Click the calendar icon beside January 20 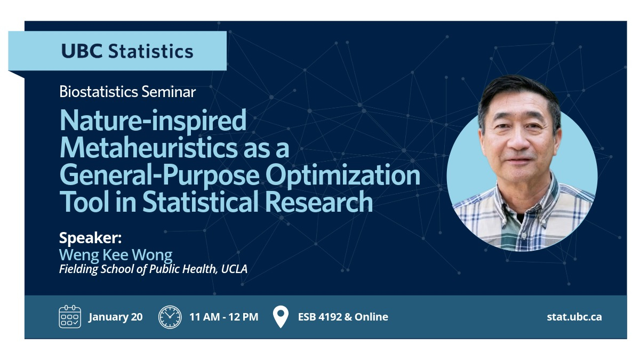pos(70,317)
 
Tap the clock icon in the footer pos(170,317)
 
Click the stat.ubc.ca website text pos(574,317)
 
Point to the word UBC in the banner pos(82,51)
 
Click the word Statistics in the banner pos(150,51)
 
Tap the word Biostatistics pos(99,92)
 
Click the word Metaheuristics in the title pos(149,148)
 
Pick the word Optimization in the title pos(343,175)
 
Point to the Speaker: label pos(90,238)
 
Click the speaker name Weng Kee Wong pos(116,255)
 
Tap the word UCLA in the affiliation pos(234,269)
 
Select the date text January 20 pos(115,317)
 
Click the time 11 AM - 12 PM pos(223,317)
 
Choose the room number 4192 pos(330,317)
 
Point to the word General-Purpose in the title pos(159,175)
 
